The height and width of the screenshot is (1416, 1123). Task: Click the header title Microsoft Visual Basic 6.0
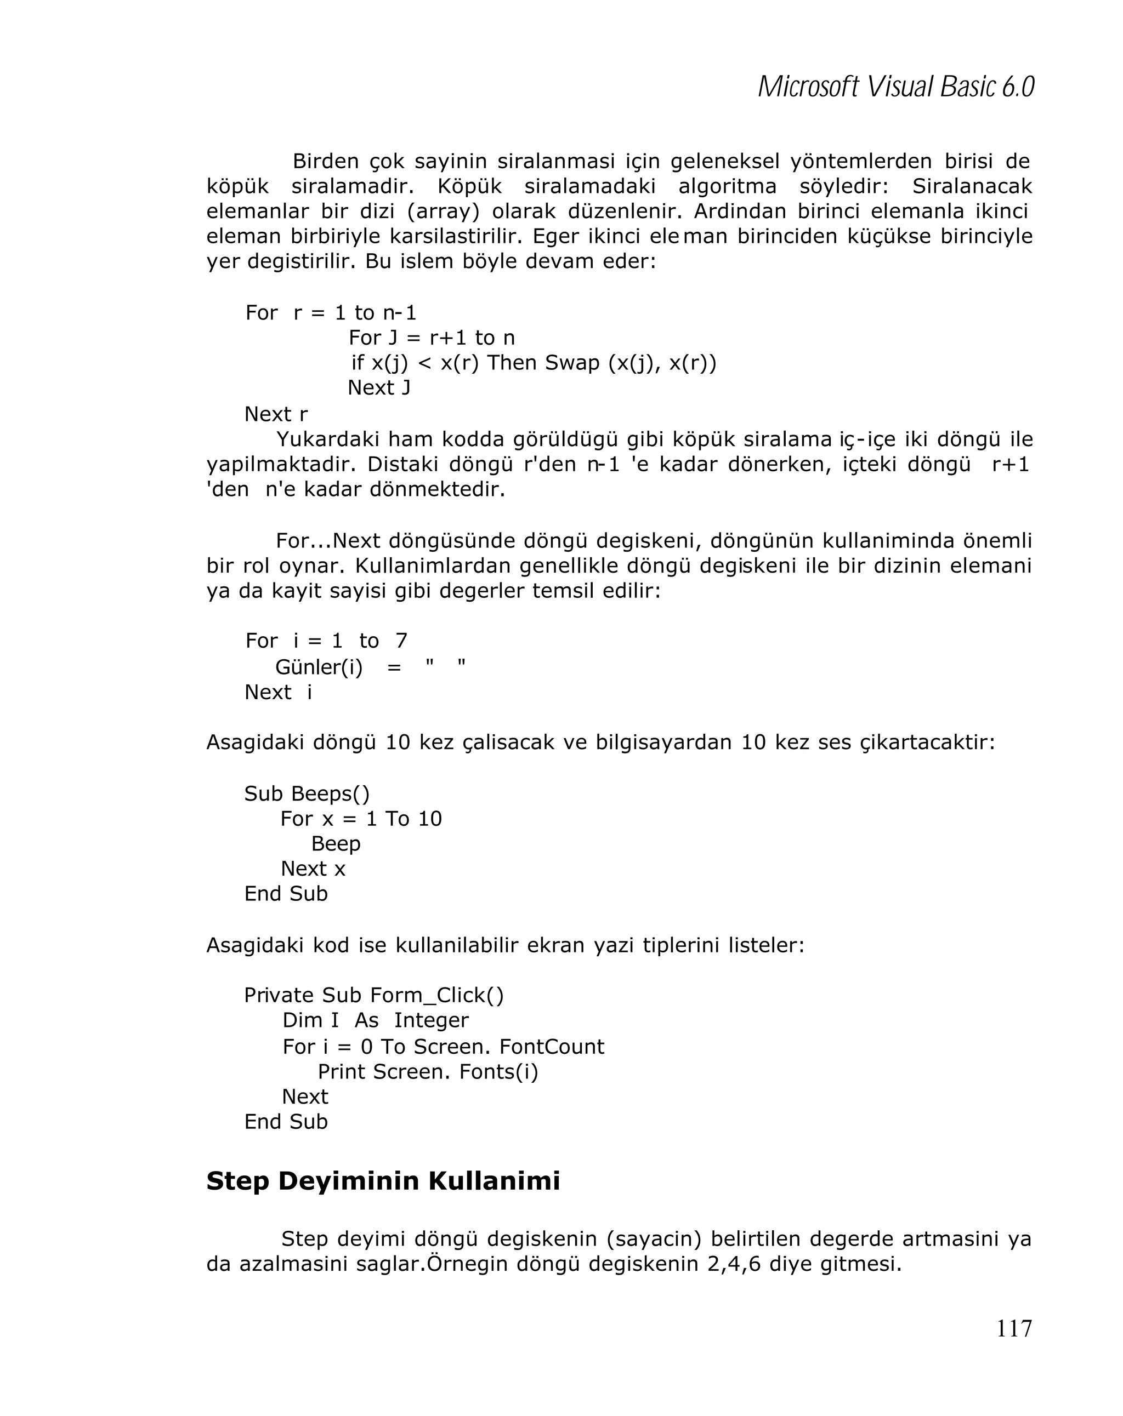(895, 87)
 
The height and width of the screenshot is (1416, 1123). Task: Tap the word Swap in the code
(572, 363)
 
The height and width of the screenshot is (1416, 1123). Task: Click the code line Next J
(378, 387)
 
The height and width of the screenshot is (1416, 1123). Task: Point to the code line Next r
(275, 414)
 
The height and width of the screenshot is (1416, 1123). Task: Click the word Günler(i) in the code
(319, 667)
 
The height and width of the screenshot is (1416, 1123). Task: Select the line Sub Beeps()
(307, 793)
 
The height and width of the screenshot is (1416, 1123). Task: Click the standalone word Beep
(335, 843)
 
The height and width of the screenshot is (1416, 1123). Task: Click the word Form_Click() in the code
(437, 995)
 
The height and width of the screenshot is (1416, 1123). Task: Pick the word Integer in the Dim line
(431, 1020)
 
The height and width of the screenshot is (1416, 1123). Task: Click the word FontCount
(551, 1046)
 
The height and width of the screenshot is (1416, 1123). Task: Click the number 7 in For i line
(401, 641)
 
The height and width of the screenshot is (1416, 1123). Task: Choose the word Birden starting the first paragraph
(325, 161)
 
